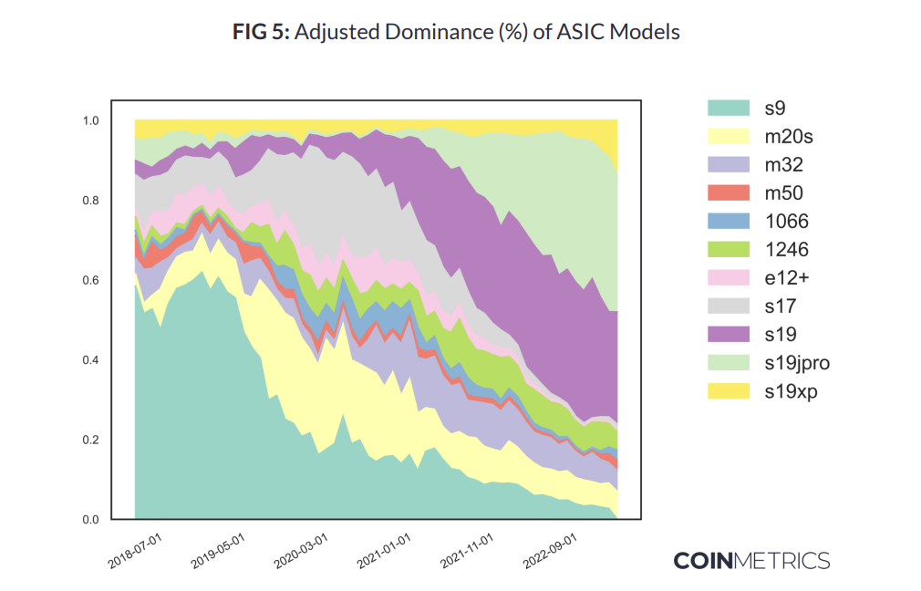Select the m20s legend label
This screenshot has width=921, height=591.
[789, 137]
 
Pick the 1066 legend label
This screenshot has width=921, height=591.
[785, 222]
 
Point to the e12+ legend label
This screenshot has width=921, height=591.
[786, 278]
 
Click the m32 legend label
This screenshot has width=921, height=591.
[783, 165]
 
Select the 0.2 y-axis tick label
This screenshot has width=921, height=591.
[91, 441]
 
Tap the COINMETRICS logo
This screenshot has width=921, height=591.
[751, 560]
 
